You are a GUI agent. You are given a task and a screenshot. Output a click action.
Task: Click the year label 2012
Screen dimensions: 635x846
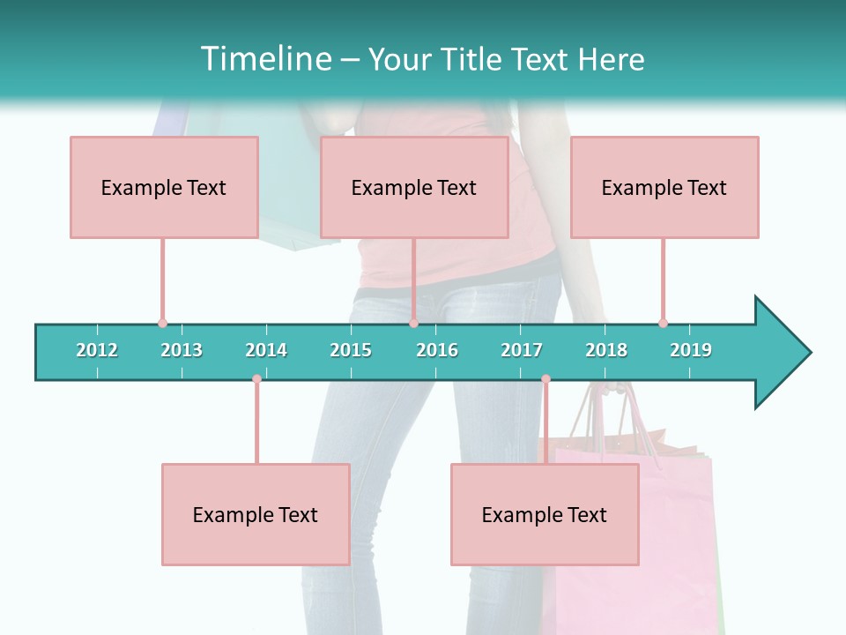(97, 350)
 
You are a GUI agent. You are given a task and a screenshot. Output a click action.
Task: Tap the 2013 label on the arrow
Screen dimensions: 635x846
(182, 350)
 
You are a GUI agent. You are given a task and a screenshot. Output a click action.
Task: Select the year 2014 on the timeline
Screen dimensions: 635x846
(266, 350)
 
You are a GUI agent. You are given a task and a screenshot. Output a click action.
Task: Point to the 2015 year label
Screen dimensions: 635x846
(351, 350)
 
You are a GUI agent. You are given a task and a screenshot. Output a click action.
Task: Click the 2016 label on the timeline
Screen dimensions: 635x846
(437, 350)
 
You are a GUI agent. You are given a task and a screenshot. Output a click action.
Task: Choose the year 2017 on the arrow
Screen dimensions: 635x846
(522, 350)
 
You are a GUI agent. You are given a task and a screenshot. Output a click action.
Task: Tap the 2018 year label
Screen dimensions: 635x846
(606, 350)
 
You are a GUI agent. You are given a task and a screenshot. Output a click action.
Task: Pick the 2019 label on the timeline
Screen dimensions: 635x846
(691, 350)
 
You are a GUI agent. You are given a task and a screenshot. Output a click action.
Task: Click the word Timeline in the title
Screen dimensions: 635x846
(265, 59)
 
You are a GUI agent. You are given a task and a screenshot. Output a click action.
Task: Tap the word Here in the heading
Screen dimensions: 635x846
(611, 59)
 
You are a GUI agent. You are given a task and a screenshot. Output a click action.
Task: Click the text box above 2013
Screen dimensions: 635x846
(164, 187)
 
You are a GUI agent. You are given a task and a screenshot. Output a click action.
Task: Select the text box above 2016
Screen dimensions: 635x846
(414, 187)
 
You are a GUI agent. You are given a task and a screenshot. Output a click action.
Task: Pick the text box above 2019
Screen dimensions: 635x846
(664, 187)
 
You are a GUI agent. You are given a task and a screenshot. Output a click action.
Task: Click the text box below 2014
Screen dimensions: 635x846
(256, 514)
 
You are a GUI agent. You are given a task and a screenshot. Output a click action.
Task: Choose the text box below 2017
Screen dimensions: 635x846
(545, 514)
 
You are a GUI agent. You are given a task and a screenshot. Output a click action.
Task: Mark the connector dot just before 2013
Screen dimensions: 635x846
(162, 323)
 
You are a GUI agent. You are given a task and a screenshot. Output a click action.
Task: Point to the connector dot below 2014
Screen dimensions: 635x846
(256, 379)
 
